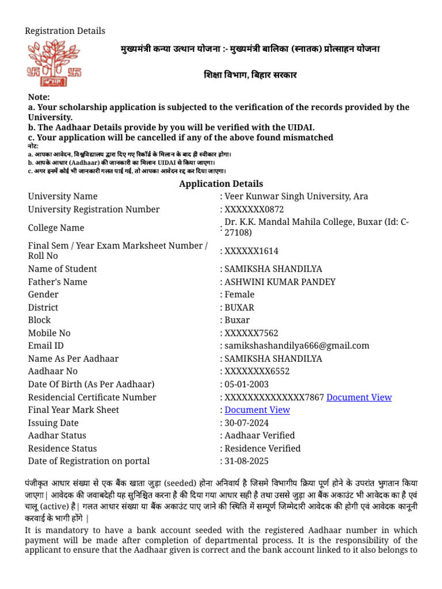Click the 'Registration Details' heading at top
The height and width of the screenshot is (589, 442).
[x=65, y=31]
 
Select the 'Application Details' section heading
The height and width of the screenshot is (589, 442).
[x=221, y=184]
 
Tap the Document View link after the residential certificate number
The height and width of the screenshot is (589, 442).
[x=359, y=397]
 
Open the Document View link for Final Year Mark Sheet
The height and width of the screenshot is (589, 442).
[x=257, y=410]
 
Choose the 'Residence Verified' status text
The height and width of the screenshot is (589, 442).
[x=262, y=449]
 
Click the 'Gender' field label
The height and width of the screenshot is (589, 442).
[x=43, y=294]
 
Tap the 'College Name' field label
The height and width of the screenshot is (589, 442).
[x=56, y=228]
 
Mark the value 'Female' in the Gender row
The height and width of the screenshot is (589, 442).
[x=239, y=294]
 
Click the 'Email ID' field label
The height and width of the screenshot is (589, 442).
[x=46, y=346]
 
